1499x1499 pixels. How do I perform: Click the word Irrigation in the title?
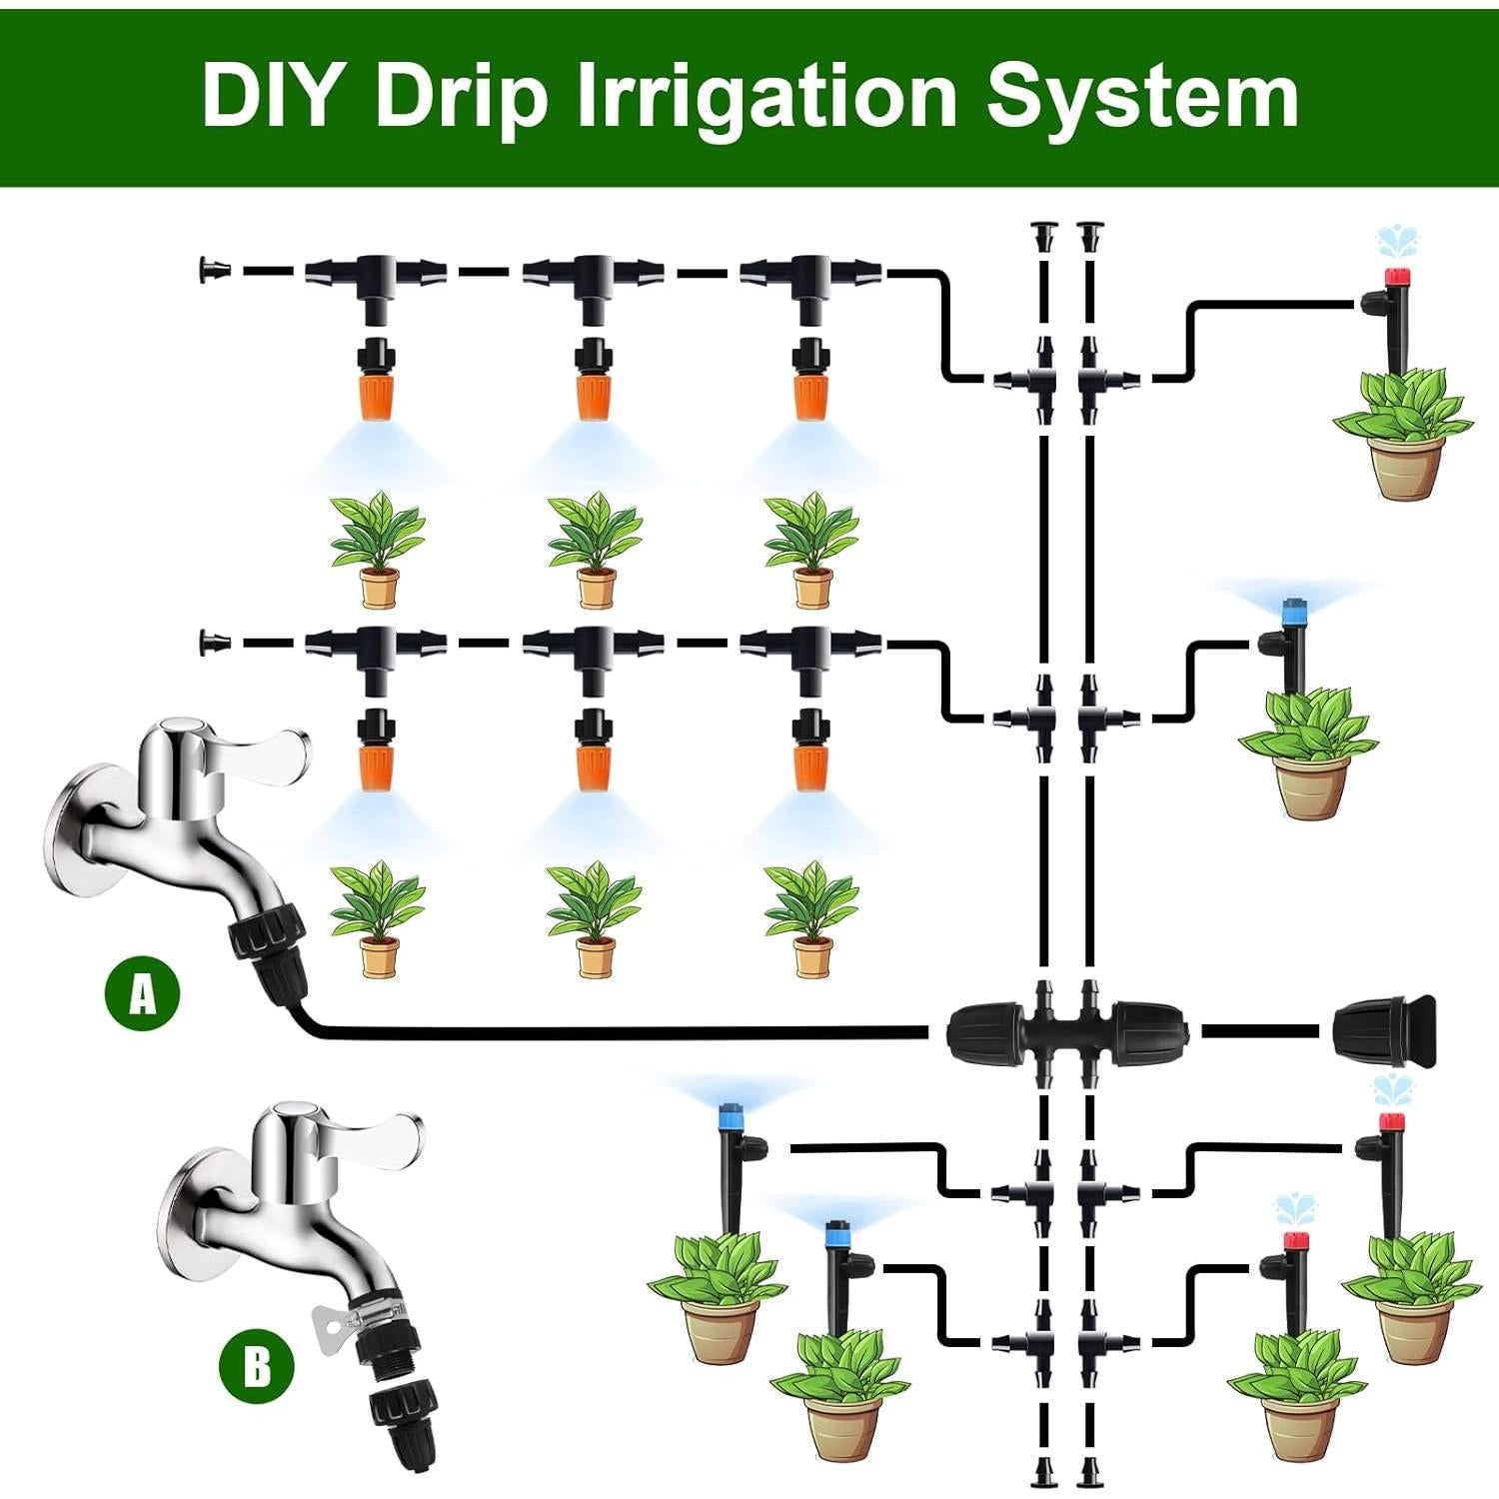766,97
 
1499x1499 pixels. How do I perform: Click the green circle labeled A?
143,993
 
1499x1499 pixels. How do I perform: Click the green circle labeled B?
257,1364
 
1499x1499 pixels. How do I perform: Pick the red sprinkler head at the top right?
1395,277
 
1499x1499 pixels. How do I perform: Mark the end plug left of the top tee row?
213,270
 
